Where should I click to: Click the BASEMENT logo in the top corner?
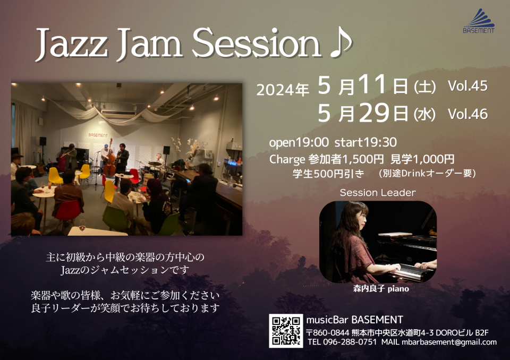(x=479, y=21)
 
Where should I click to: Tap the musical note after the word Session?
(x=341, y=44)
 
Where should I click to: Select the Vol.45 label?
(x=467, y=86)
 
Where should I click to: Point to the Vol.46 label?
(x=467, y=114)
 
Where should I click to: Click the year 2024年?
(x=283, y=89)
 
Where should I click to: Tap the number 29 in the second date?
(x=375, y=113)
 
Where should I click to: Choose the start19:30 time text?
(x=365, y=142)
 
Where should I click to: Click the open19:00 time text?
(x=299, y=142)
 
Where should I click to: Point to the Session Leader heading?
(x=378, y=193)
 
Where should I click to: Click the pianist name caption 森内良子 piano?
(x=381, y=288)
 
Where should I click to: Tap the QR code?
(x=286, y=331)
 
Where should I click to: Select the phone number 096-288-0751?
(x=350, y=342)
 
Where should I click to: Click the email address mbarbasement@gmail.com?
(x=449, y=342)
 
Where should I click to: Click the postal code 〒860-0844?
(x=328, y=333)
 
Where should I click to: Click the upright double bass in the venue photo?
(x=109, y=159)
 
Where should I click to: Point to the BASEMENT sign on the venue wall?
(x=98, y=135)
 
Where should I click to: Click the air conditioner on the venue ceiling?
(x=118, y=114)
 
